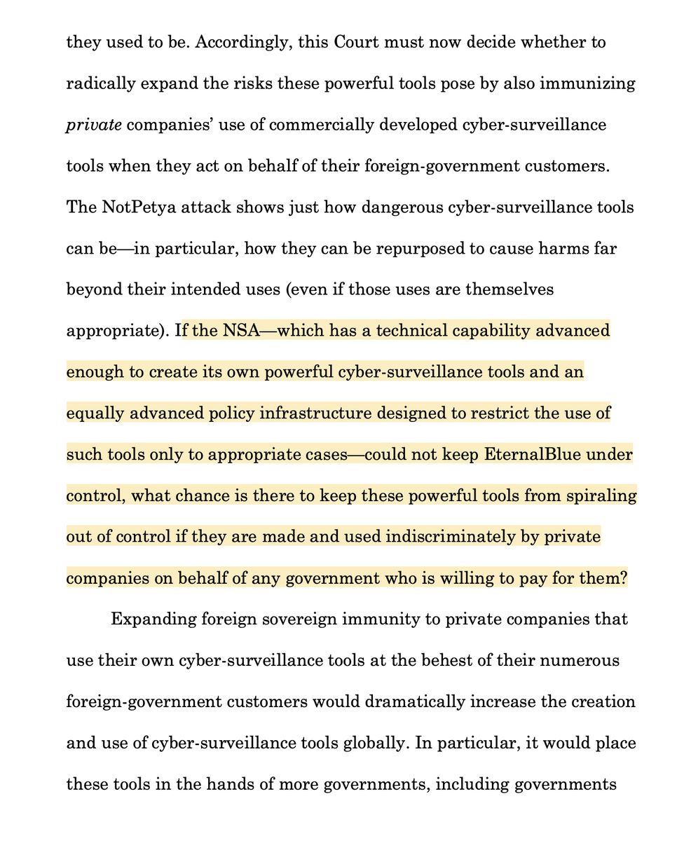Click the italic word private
[x=93, y=125]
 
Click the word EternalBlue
[x=533, y=455]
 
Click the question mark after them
[x=623, y=579]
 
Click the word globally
[x=369, y=744]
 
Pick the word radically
[x=100, y=84]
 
